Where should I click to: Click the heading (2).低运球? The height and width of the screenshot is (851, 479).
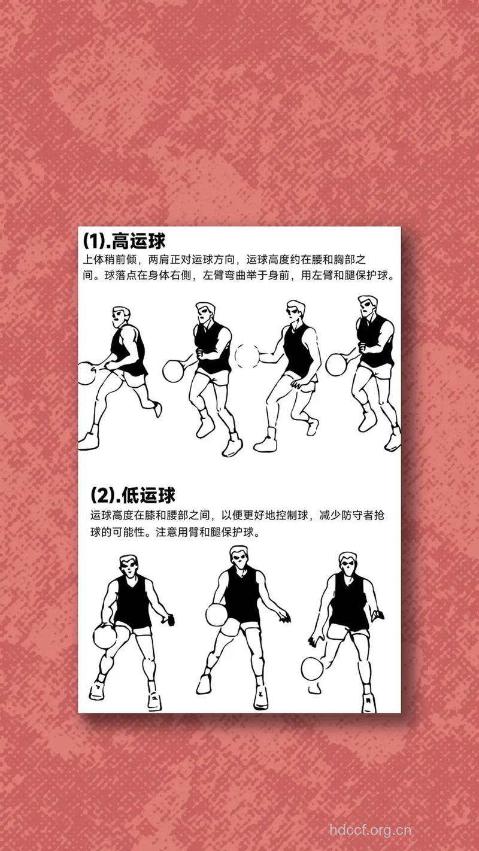[133, 496]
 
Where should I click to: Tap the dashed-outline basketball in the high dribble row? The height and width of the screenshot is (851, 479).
[247, 355]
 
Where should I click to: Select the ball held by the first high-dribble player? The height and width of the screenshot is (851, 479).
[86, 373]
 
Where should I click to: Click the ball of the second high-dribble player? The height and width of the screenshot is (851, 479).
[174, 370]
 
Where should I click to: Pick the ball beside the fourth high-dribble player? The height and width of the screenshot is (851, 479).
[336, 364]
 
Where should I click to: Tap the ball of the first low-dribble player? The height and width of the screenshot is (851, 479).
[105, 636]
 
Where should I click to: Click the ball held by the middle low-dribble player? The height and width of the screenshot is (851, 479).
[216, 614]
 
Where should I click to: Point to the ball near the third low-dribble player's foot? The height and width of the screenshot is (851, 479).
[312, 668]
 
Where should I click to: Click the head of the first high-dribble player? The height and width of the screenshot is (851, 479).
[122, 317]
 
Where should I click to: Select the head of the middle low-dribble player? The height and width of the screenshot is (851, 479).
[239, 558]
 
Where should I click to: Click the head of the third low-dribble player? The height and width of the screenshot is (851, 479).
[347, 563]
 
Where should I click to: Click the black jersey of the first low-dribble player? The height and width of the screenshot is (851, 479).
[132, 601]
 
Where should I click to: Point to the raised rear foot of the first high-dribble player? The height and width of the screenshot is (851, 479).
[157, 409]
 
